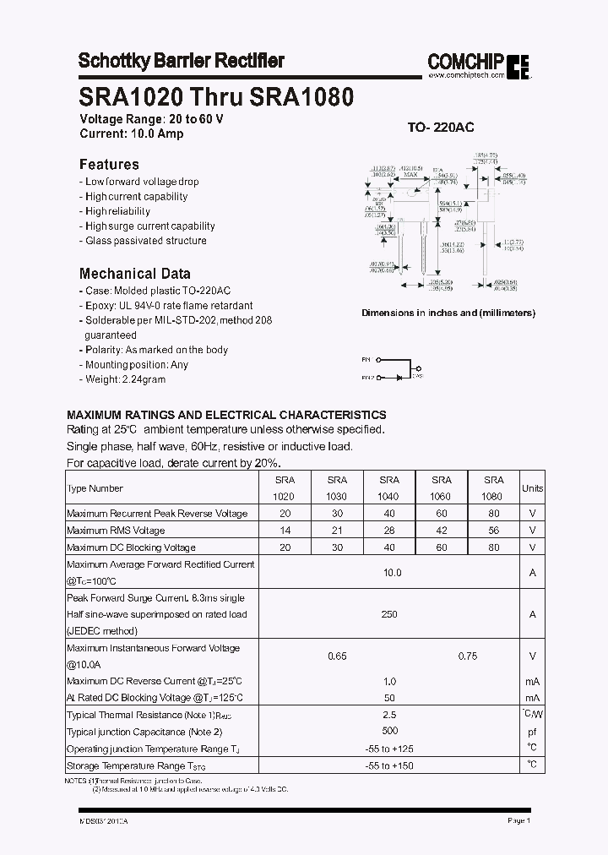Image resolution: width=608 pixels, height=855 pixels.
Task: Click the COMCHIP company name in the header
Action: tap(465, 61)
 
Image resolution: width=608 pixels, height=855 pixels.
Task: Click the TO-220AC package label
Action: tap(441, 128)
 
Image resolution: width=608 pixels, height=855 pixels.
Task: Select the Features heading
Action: tap(109, 164)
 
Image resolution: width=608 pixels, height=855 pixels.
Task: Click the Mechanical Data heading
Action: tap(134, 274)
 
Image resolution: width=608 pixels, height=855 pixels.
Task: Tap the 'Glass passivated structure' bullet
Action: tap(145, 241)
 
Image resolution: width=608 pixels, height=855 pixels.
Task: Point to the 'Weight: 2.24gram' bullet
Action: tap(125, 379)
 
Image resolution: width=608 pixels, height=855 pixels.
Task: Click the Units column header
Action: tap(532, 488)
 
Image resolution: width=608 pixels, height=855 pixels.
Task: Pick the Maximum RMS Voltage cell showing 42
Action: tap(442, 531)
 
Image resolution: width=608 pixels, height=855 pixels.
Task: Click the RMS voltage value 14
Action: tap(285, 531)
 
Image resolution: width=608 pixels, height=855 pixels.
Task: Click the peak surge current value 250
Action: tap(388, 614)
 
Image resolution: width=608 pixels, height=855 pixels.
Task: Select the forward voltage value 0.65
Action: tap(336, 656)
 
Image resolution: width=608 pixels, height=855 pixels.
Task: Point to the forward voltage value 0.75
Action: tap(467, 656)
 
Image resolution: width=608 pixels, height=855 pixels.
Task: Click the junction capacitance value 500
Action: tap(389, 732)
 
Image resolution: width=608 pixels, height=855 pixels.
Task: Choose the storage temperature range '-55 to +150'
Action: tap(389, 765)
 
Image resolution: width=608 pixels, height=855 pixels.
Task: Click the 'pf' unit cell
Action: tap(532, 732)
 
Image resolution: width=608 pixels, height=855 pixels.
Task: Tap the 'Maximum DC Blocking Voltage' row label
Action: tap(131, 547)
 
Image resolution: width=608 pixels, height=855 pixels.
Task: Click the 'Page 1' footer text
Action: tap(518, 820)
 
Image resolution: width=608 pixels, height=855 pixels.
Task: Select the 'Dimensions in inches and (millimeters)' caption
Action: tap(448, 313)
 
